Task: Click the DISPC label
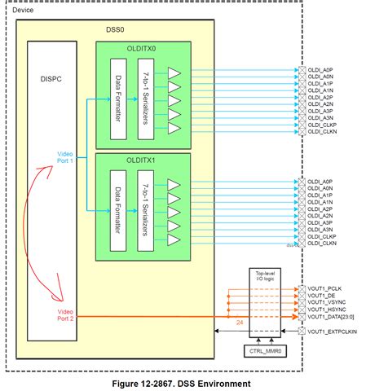52,79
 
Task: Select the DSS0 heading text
115,29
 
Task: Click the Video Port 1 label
66,156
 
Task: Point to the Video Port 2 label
66,315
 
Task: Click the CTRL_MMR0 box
262,351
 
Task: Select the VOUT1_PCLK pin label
326,288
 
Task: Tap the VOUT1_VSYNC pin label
329,304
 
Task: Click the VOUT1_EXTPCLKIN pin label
334,332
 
